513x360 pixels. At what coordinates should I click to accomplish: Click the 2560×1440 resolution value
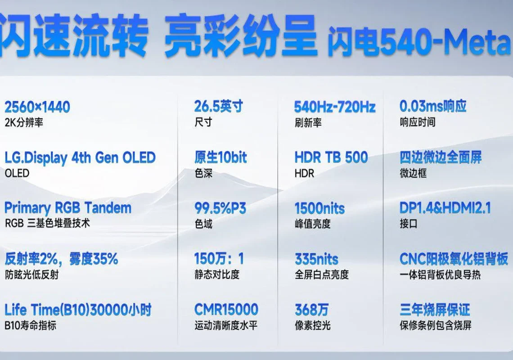(37, 107)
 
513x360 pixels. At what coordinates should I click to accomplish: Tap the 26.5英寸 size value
(219, 106)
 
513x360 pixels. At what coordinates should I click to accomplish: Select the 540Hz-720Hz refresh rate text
(335, 107)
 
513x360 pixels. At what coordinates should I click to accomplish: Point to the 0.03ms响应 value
(433, 106)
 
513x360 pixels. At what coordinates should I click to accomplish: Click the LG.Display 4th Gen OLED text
(80, 158)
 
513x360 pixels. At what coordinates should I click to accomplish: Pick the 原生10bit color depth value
(220, 157)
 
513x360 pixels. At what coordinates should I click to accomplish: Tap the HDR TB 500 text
(331, 157)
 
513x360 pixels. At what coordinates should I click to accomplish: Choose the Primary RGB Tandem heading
(68, 208)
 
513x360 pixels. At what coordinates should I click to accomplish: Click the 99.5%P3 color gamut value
(220, 208)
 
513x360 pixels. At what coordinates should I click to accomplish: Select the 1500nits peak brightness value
(319, 208)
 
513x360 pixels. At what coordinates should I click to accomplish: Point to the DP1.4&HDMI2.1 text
(445, 208)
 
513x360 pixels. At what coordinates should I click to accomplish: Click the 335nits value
(316, 259)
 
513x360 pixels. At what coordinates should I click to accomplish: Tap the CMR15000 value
(226, 310)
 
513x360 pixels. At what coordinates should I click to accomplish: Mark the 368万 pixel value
(311, 310)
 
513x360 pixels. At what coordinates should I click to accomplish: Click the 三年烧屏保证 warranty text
(435, 310)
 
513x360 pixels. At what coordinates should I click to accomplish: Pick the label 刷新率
(308, 123)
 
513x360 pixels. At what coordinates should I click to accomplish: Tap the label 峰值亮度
(312, 224)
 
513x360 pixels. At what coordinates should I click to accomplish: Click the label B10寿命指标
(31, 325)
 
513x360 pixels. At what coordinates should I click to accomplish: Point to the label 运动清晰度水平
(226, 325)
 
